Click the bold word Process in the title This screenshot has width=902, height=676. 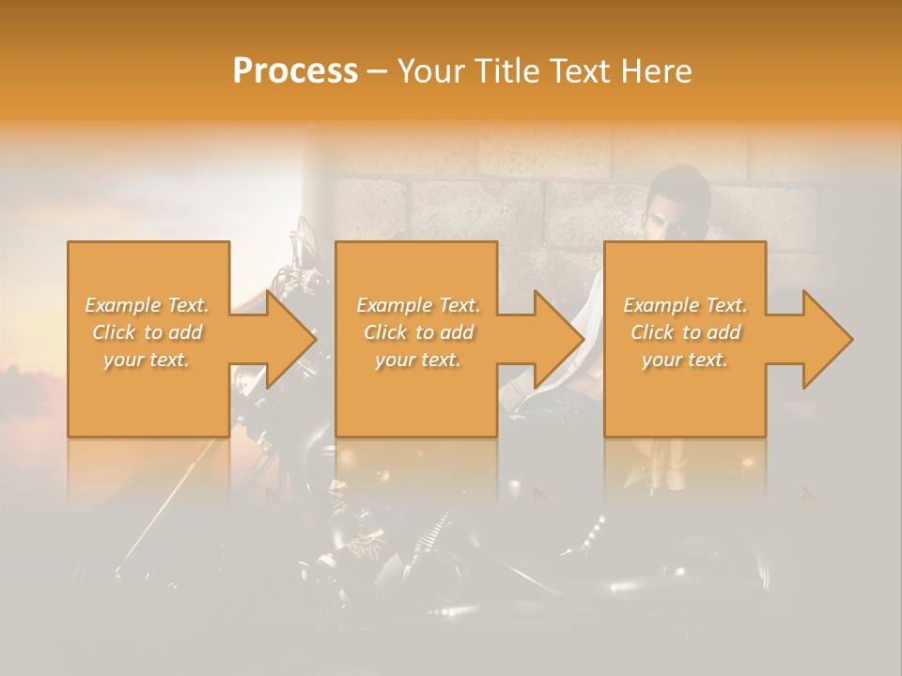(x=295, y=71)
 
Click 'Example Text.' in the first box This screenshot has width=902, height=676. (x=148, y=305)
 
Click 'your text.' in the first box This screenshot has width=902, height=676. (x=148, y=360)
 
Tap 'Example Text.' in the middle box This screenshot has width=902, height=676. (x=418, y=305)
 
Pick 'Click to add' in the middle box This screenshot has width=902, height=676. (x=418, y=332)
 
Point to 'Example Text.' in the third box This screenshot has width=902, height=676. (x=685, y=305)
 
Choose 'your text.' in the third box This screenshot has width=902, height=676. (x=685, y=360)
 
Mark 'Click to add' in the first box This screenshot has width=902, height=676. (x=148, y=332)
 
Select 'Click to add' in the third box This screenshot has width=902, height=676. (x=685, y=332)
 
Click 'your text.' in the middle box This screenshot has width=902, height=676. (x=418, y=360)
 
